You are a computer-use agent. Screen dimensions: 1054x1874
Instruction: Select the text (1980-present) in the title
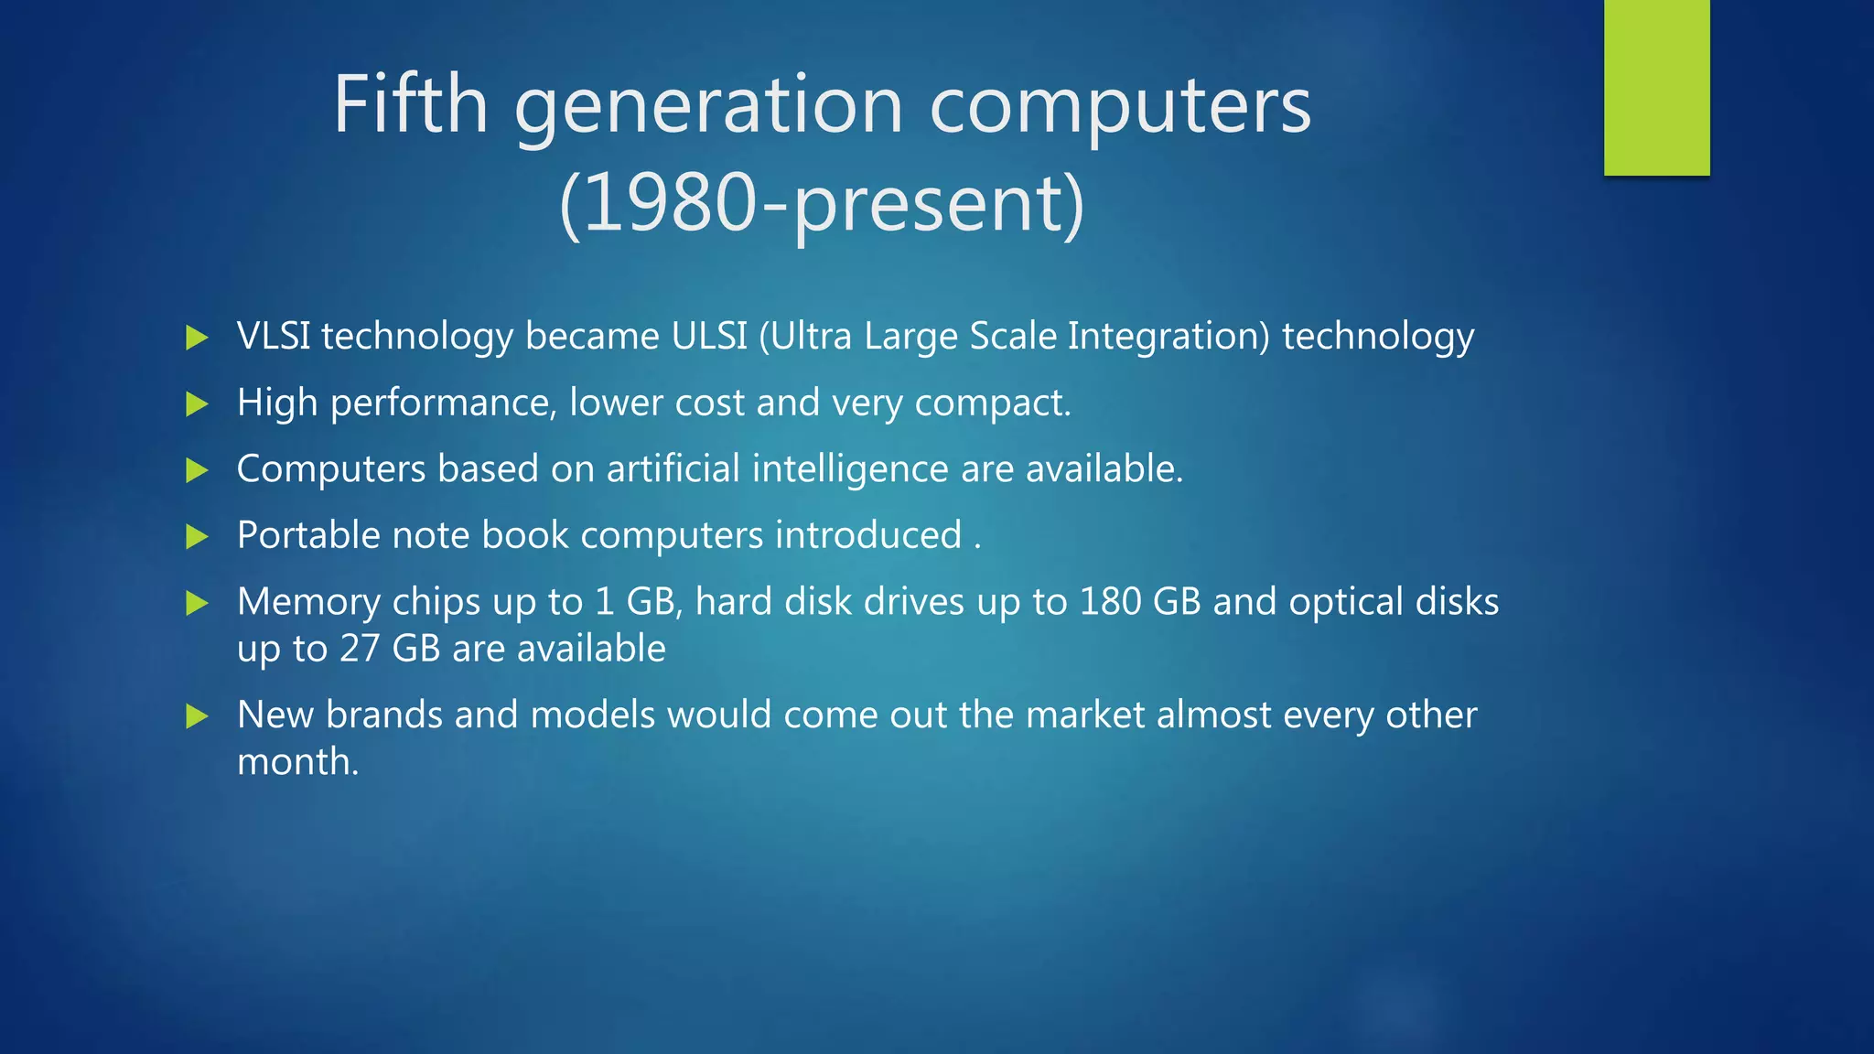pyautogui.click(x=821, y=203)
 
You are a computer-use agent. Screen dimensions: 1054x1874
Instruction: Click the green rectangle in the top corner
pyautogui.click(x=1656, y=87)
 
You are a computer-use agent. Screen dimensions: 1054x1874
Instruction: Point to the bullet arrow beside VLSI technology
pyautogui.click(x=197, y=338)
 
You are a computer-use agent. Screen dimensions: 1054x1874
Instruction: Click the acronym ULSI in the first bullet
pyautogui.click(x=709, y=336)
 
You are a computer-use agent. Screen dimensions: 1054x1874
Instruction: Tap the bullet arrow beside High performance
pyautogui.click(x=197, y=403)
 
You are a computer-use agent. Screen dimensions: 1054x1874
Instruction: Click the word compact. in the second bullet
pyautogui.click(x=993, y=403)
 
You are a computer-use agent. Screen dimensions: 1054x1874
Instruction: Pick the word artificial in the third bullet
pyautogui.click(x=673, y=468)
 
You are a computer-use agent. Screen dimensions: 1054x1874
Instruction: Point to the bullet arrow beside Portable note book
pyautogui.click(x=197, y=536)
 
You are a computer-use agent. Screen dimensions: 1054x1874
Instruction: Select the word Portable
pyautogui.click(x=308, y=535)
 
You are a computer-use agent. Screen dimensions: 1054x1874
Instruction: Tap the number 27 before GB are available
pyautogui.click(x=360, y=649)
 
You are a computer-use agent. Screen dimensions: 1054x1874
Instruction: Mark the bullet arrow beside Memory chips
pyautogui.click(x=197, y=603)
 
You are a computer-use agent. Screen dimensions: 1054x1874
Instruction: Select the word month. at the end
pyautogui.click(x=297, y=761)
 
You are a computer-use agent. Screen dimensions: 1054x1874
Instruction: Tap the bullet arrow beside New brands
pyautogui.click(x=197, y=715)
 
